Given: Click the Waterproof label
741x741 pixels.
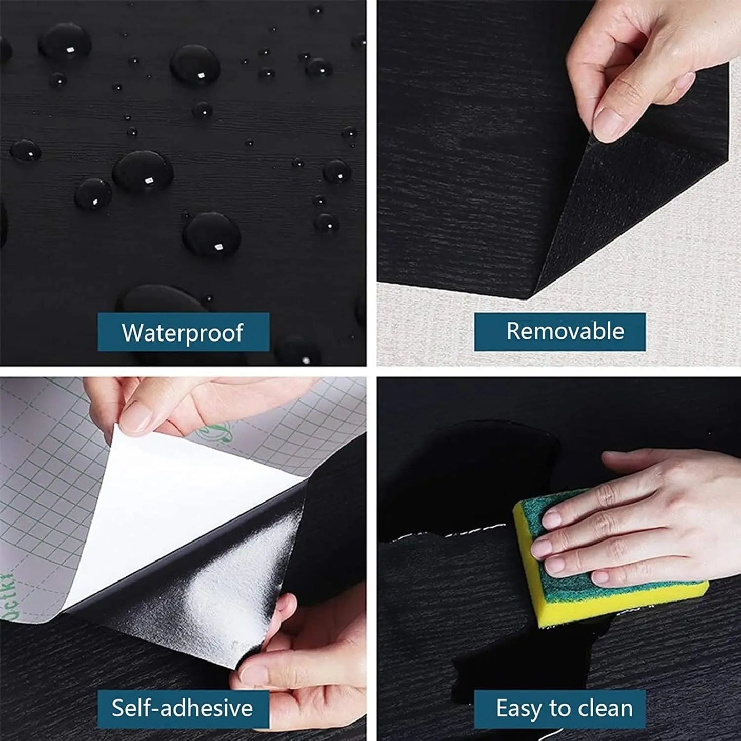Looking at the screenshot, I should pos(183,332).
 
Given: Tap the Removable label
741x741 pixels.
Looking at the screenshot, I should pos(559,332).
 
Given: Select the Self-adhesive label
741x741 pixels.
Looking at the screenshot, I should pos(183,709).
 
